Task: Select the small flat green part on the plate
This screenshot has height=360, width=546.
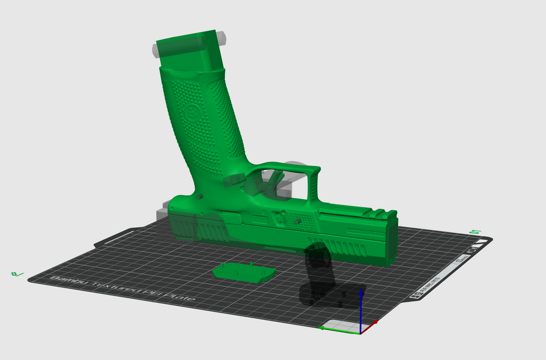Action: click(x=244, y=272)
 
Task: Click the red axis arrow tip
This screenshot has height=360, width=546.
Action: click(x=376, y=321)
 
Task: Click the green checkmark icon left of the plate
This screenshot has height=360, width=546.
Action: click(x=17, y=273)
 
